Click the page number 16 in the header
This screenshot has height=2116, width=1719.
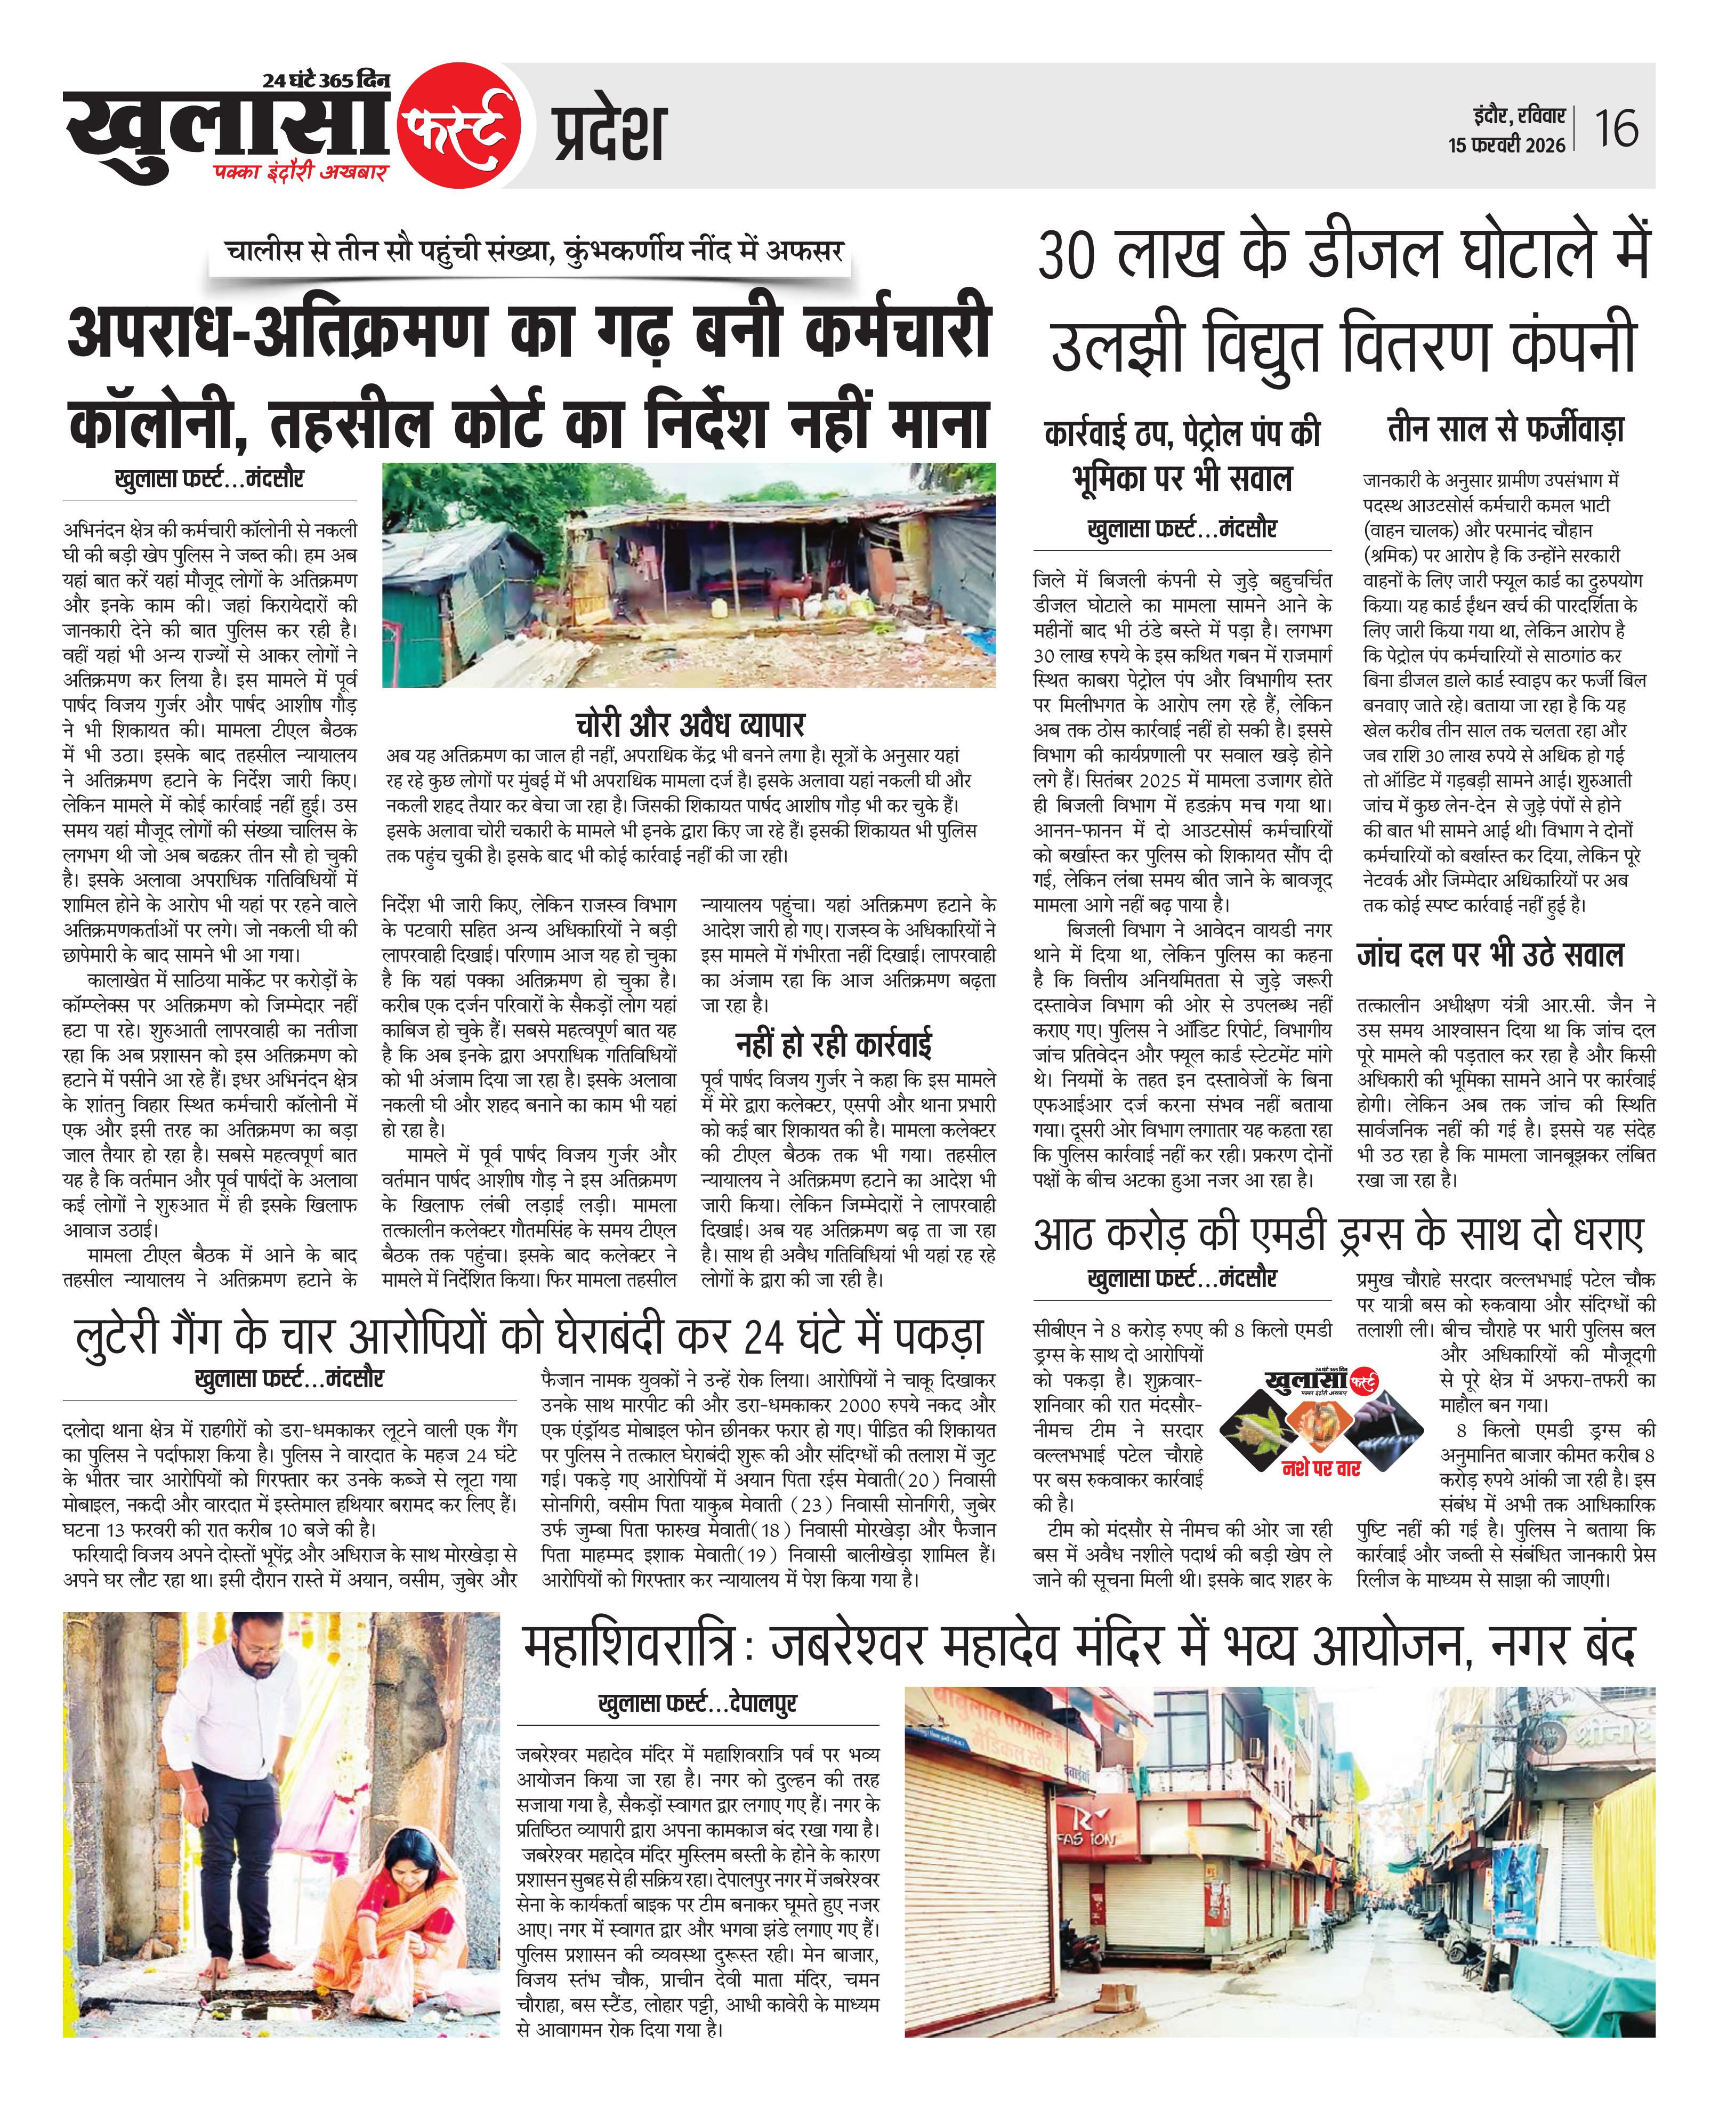click(1616, 128)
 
